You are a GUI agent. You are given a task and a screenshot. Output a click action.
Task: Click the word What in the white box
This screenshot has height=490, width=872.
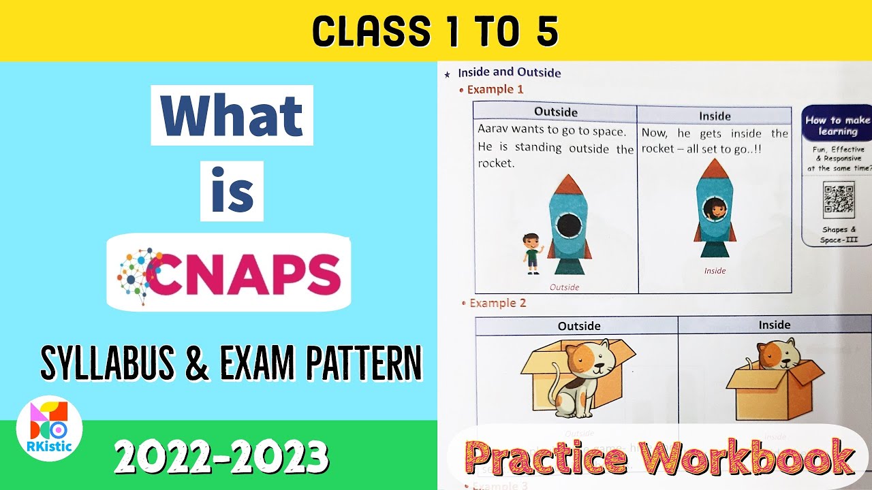(232, 116)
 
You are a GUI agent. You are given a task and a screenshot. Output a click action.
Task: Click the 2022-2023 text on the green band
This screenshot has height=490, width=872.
(221, 457)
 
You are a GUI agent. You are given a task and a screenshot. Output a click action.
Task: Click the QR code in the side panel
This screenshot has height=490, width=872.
(838, 200)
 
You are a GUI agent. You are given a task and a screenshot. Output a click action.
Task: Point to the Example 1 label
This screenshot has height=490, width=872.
(495, 89)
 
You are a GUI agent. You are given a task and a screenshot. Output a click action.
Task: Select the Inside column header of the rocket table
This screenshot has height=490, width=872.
(715, 116)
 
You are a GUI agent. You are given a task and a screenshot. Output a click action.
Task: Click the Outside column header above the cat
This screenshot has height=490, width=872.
(579, 326)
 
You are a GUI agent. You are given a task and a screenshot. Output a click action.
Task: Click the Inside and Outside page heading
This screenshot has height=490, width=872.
(509, 72)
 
